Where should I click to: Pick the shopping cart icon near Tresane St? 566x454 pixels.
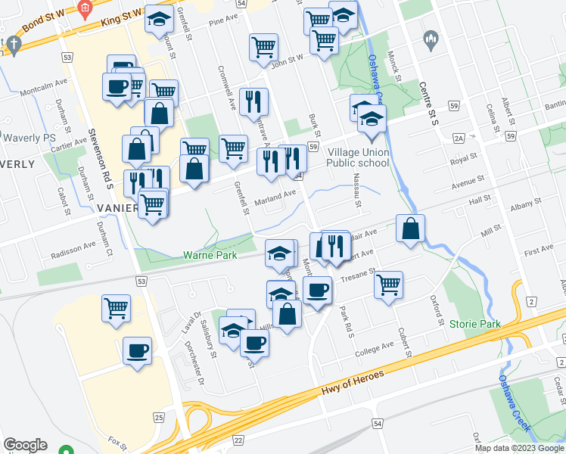(388, 285)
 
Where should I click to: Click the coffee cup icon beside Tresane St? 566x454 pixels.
(317, 289)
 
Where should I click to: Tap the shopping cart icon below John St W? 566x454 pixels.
(263, 46)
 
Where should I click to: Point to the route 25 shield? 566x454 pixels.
(158, 418)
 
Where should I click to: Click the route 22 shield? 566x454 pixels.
(238, 440)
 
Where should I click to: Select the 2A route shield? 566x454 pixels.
(459, 138)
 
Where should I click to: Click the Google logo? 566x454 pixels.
(25, 445)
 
